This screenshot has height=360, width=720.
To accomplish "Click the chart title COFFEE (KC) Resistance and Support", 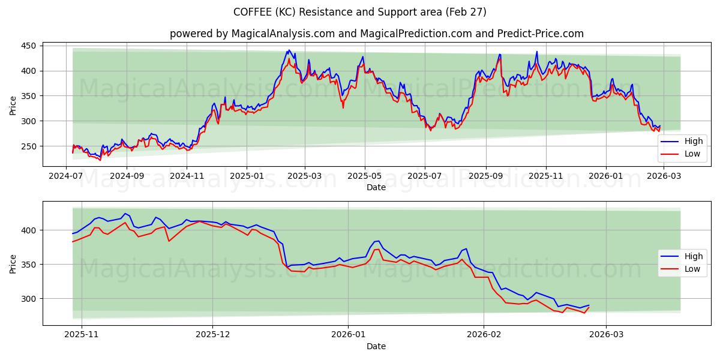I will [360, 12].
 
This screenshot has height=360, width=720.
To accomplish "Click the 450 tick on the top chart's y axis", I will [29, 46].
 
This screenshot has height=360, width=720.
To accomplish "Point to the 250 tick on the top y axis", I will [29, 146].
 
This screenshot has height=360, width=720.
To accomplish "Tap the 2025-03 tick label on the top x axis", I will [305, 176].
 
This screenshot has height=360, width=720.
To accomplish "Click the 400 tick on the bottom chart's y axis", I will [29, 230].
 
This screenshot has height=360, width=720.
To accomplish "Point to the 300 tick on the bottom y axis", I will [29, 299].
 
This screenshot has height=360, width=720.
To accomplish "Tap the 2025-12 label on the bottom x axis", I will [213, 335].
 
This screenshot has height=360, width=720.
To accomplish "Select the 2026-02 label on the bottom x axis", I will [484, 335].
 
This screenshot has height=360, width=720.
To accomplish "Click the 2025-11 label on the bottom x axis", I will [81, 335].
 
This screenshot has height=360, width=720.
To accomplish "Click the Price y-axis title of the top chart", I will [13, 105].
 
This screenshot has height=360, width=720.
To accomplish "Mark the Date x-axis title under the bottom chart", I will [376, 346].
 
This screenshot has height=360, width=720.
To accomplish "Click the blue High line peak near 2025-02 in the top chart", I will [289, 50].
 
